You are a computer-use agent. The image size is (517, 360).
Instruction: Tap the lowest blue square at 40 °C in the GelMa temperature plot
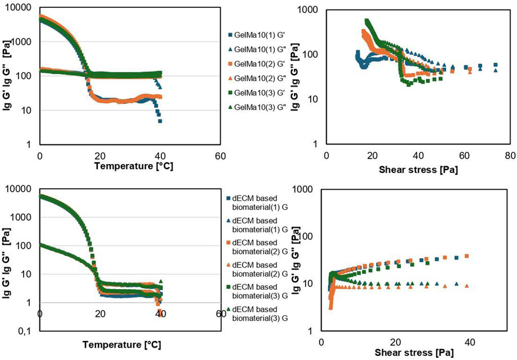pyautogui.click(x=160, y=121)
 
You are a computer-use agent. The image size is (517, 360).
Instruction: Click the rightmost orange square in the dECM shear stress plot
pyautogui.click(x=466, y=256)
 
